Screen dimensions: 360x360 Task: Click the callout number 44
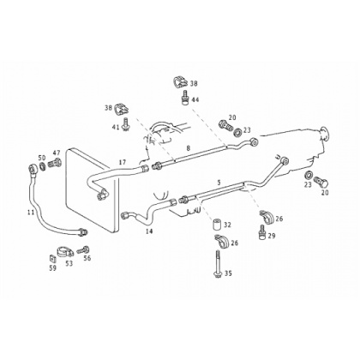(x=195, y=100)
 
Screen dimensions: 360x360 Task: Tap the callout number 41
(x=116, y=127)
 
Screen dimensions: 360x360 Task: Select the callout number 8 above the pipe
(x=188, y=148)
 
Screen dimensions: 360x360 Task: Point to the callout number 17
(x=123, y=162)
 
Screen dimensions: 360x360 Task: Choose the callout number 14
(x=149, y=231)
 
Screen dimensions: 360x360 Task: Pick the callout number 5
(x=219, y=183)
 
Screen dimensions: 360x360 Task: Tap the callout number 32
(x=227, y=225)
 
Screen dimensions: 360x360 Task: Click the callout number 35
(x=228, y=273)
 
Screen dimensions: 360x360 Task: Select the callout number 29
(x=272, y=236)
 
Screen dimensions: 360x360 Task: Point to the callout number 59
(x=53, y=268)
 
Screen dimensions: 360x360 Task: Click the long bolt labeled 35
(x=217, y=263)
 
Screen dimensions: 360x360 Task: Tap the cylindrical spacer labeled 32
(x=216, y=225)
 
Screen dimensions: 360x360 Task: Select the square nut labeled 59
(x=52, y=259)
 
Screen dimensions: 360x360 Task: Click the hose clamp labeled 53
(x=64, y=252)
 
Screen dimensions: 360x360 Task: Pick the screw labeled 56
(x=81, y=250)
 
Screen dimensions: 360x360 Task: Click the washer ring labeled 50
(x=42, y=165)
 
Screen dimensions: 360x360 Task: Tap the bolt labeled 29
(x=261, y=232)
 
